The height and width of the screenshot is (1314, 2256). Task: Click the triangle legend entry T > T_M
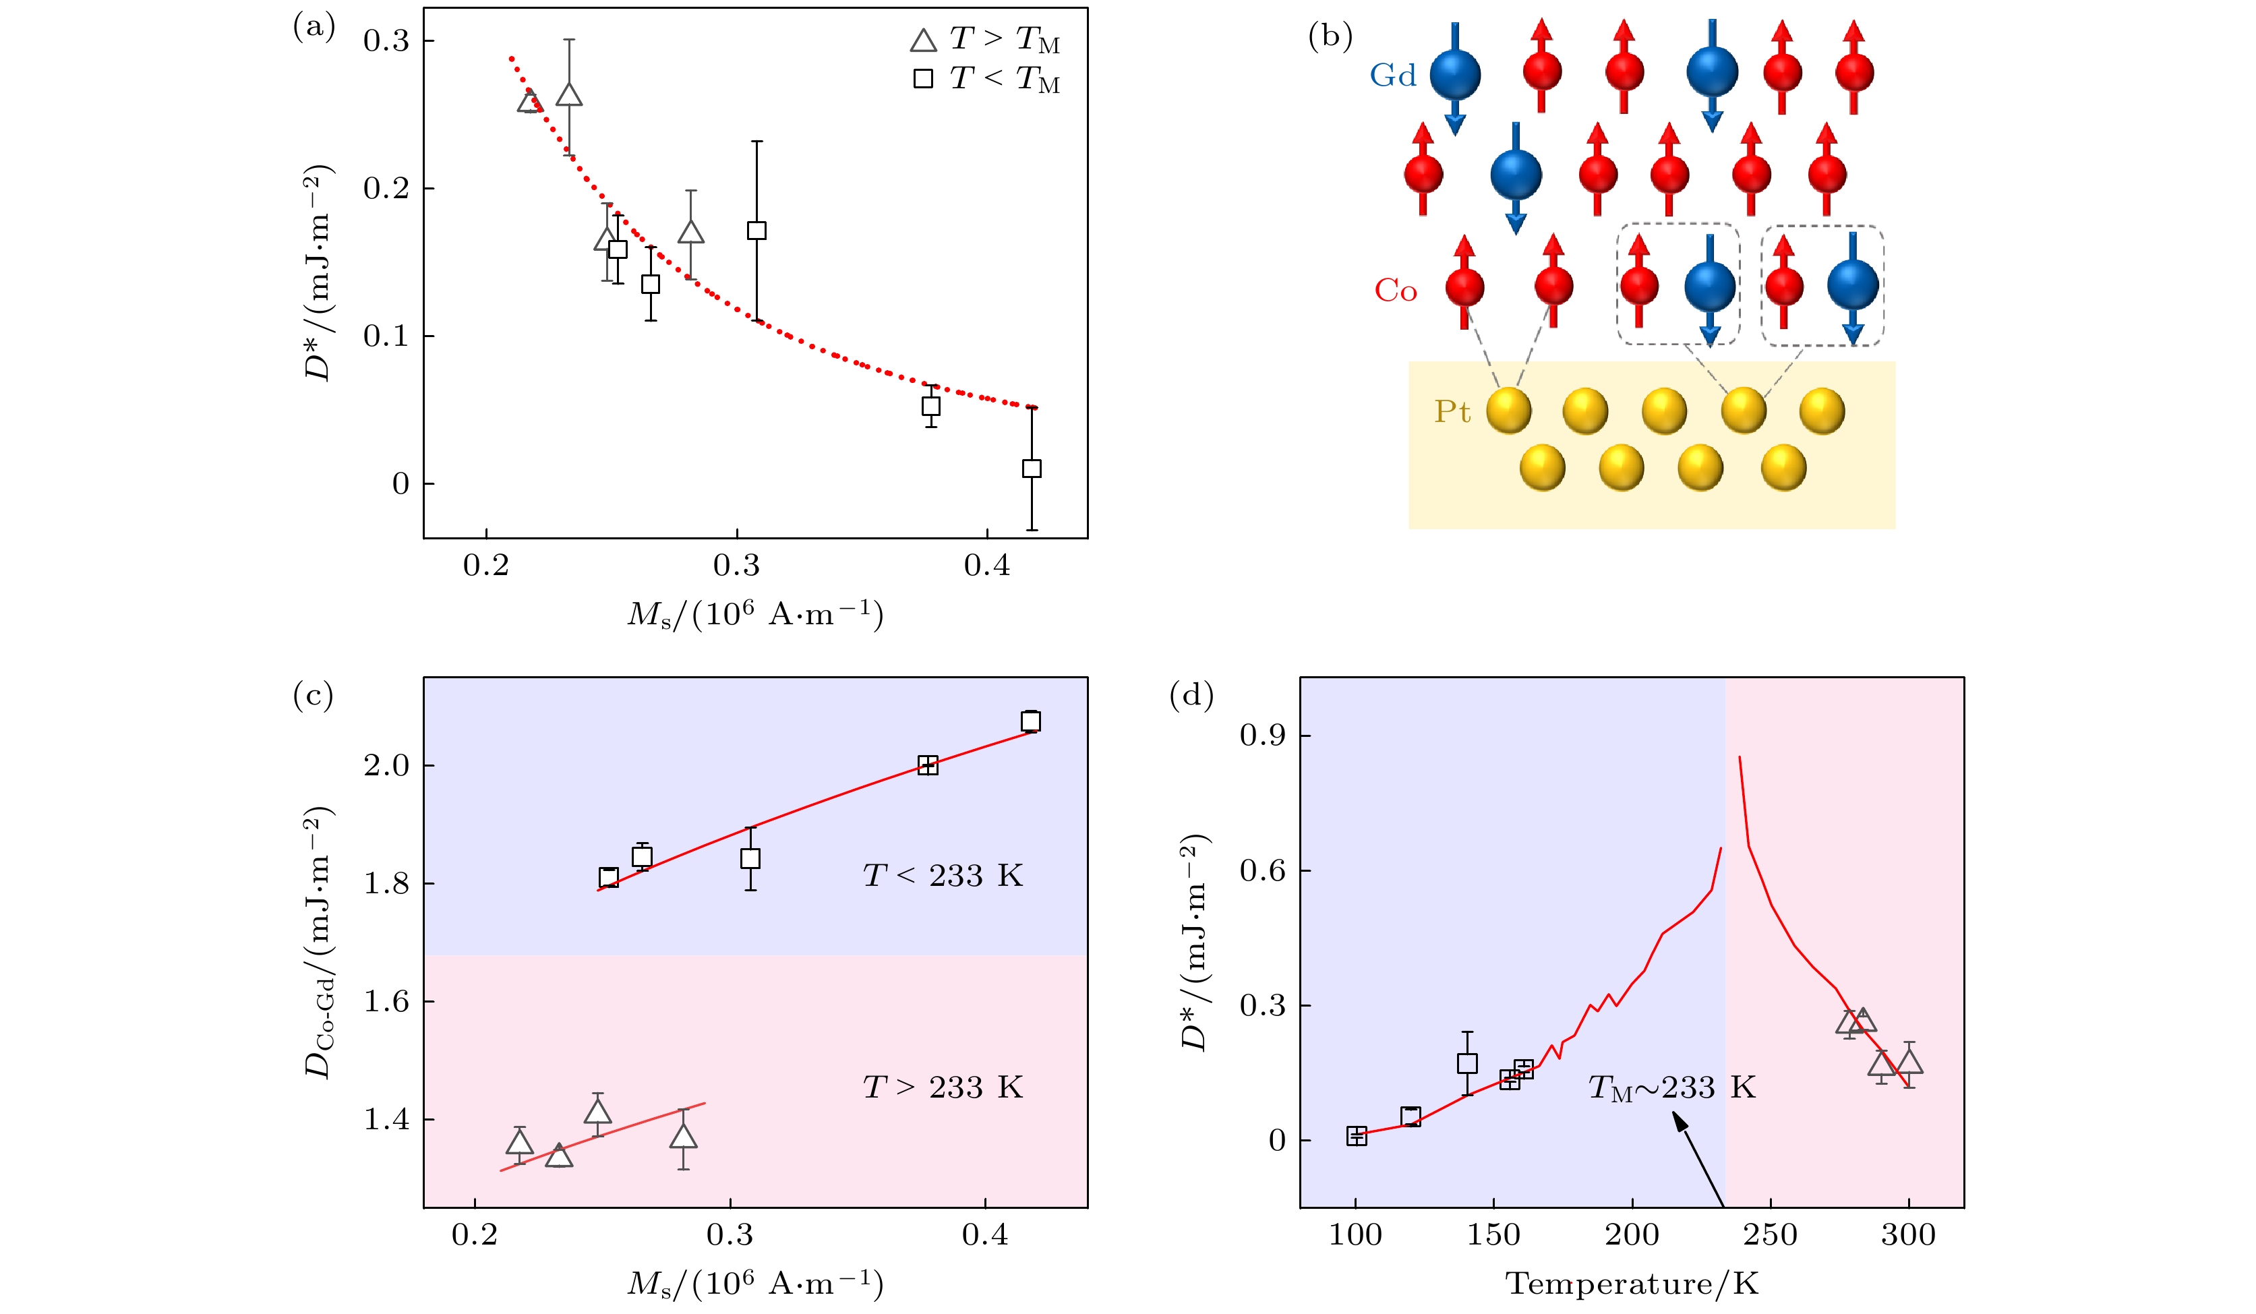pos(985,39)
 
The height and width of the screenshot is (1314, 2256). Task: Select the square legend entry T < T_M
pos(985,79)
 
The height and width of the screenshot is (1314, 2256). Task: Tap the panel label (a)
pos(314,27)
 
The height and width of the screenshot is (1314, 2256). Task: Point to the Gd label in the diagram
pos(1393,76)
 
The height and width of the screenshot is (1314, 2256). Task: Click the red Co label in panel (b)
pos(1396,291)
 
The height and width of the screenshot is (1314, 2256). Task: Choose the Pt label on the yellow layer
pos(1452,412)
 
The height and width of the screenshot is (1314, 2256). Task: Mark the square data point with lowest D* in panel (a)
pos(1032,468)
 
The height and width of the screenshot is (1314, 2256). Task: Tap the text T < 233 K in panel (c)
pos(943,875)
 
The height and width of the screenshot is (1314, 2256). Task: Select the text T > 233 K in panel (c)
pos(943,1087)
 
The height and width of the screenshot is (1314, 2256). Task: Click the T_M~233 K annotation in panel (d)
pos(1671,1088)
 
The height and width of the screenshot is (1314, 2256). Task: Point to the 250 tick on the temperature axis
pos(1770,1236)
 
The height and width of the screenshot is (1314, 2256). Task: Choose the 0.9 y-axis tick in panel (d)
pos(1263,736)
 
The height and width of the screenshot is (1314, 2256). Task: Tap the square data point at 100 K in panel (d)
pos(1357,1136)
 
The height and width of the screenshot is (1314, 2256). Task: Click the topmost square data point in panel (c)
pos(1030,721)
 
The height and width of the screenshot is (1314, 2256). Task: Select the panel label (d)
pos(1191,696)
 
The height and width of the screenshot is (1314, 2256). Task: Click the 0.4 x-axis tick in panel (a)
pos(986,566)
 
